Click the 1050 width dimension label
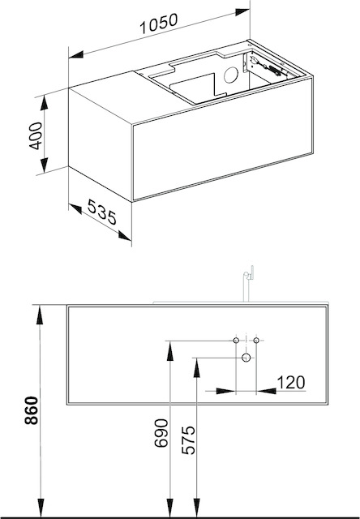pos(159,24)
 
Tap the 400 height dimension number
pos(36,135)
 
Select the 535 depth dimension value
pos(102,212)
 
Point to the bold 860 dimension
pos(32,410)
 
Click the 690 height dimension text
pos(161,433)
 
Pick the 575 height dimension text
pos(189,440)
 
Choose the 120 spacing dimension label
pos(291,382)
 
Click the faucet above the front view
pos(248,283)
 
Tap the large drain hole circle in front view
pos(246,358)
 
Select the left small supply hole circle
pos(236,341)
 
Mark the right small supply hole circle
pos(256,341)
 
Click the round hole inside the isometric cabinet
pos(231,75)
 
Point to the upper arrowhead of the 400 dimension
pos(44,104)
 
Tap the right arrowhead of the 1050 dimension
pos(242,12)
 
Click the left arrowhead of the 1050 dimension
pos(75,54)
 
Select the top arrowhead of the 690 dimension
pos(169,351)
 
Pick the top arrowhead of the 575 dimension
pos(196,368)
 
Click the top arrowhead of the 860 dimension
pos(40,315)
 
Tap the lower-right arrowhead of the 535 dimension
pos(125,236)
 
